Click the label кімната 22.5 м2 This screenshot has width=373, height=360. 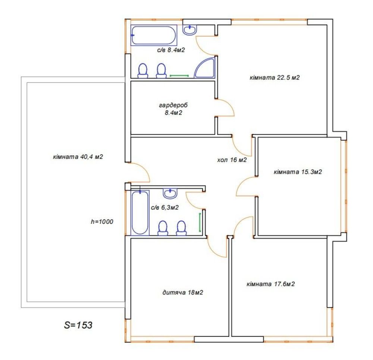pos(275,78)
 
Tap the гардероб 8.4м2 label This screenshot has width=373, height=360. pos(173,109)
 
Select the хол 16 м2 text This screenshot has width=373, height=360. pos(232,160)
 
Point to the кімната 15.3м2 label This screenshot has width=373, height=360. pos(298,172)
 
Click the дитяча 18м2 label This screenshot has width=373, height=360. pos(183,292)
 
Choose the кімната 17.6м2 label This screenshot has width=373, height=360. pos(271,284)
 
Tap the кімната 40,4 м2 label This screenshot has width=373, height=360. pos(78,157)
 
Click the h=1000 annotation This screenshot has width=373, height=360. pos(102,222)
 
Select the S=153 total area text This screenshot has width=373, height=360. pos(78,325)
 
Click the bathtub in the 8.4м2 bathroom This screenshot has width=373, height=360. pos(154,35)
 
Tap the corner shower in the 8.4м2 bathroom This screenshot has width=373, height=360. pos(204,68)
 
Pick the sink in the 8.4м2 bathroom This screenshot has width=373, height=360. pos(189,30)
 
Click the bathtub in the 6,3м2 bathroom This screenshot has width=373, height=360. pos(140,213)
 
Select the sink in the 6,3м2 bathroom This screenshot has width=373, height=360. pos(170,193)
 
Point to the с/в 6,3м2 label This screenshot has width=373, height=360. pos(164,207)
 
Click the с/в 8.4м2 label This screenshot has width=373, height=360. pos(171,50)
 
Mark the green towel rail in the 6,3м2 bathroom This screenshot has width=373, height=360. pos(200,222)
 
